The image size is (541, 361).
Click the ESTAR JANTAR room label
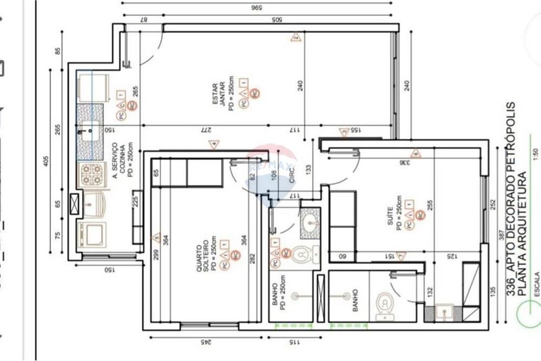(219, 94)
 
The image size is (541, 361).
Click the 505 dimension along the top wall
(277, 21)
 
